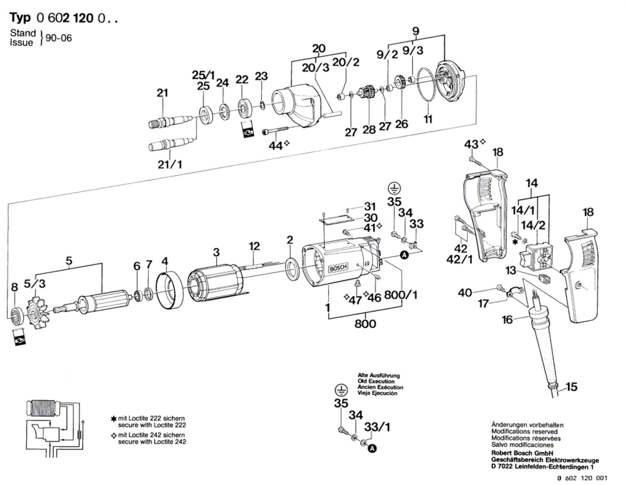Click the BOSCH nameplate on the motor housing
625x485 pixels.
[338, 268]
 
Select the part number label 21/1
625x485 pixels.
[170, 165]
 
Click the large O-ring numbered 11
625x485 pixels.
[428, 84]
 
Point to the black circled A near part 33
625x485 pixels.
[404, 254]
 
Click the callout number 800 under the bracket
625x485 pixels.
[365, 324]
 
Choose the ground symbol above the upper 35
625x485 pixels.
[394, 188]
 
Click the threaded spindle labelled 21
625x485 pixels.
[171, 121]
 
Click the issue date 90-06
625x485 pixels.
[58, 38]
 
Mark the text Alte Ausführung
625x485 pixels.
[379, 376]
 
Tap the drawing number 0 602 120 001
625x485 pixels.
[582, 478]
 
